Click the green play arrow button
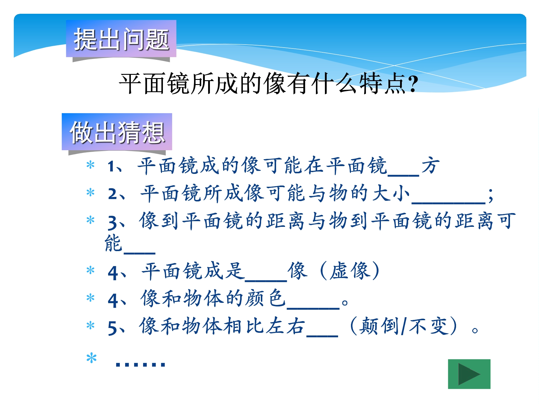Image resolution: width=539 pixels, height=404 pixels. (x=469, y=374)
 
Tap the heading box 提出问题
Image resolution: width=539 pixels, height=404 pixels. (x=121, y=39)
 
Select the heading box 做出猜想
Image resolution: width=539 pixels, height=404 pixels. (x=117, y=132)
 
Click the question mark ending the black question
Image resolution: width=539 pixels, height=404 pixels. (x=413, y=83)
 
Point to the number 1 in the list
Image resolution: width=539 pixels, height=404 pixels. (x=111, y=166)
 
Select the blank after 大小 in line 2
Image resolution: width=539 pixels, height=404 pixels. (x=449, y=203)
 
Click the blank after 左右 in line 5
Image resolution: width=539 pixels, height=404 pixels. (x=323, y=335)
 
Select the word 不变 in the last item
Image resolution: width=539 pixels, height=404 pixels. (x=429, y=326)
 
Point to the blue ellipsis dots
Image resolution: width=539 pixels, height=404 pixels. (x=140, y=364)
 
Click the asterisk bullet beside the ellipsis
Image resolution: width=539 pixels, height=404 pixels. (x=91, y=358)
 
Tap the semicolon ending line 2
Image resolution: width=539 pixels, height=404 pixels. (x=490, y=196)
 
